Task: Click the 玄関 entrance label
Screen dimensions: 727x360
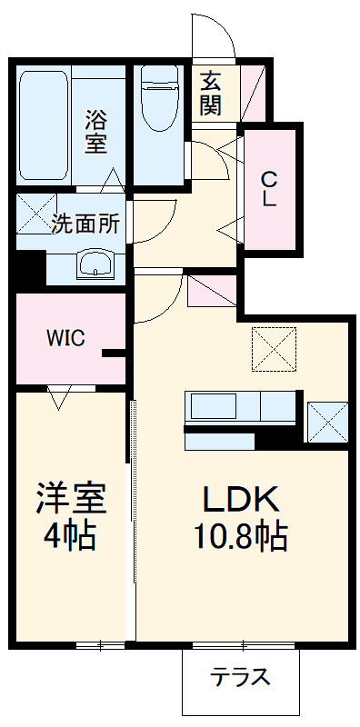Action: pyautogui.click(x=211, y=93)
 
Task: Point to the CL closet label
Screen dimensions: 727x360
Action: pyautogui.click(x=269, y=188)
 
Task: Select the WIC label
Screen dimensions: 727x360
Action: pyautogui.click(x=65, y=339)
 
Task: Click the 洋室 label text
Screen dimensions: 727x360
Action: pyautogui.click(x=72, y=498)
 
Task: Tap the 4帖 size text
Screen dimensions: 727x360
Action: pyautogui.click(x=72, y=535)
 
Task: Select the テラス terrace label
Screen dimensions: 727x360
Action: pyautogui.click(x=240, y=677)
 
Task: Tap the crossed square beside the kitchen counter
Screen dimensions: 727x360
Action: pyautogui.click(x=327, y=421)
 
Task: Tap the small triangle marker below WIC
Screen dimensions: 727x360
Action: pyautogui.click(x=60, y=396)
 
